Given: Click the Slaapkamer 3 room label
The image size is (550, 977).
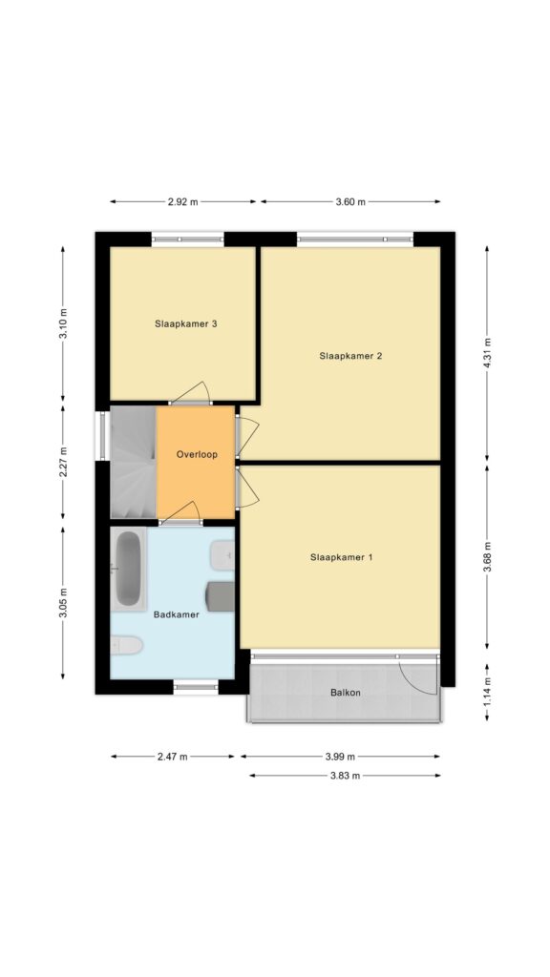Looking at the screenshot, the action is tap(186, 324).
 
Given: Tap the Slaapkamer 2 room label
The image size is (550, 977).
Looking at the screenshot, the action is tap(350, 357).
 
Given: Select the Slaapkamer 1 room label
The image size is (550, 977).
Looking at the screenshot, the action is tap(341, 557).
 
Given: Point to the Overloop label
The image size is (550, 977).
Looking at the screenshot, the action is tap(197, 455).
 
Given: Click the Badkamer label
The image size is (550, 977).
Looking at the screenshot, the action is tap(177, 614).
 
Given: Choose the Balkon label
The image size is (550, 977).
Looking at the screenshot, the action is tap(346, 693).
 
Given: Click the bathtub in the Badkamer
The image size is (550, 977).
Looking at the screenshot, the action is tap(129, 569).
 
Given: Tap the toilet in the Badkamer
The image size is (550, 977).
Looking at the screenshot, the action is tap(127, 645).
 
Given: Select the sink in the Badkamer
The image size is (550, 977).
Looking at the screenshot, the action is tap(222, 555).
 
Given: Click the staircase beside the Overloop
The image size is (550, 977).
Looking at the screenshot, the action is tap(133, 462).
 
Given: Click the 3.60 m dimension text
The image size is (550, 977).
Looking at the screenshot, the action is tap(349, 202).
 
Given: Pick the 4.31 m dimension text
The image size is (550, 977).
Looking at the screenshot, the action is tap(487, 353).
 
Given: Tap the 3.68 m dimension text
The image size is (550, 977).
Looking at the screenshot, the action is tap(487, 557).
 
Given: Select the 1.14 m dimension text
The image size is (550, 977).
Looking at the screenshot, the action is tap(487, 693).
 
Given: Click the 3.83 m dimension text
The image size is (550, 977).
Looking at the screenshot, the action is tap(345, 776).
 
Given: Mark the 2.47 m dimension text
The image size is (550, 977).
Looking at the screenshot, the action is tap(173, 757).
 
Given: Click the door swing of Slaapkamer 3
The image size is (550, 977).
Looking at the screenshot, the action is tap(193, 392).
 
